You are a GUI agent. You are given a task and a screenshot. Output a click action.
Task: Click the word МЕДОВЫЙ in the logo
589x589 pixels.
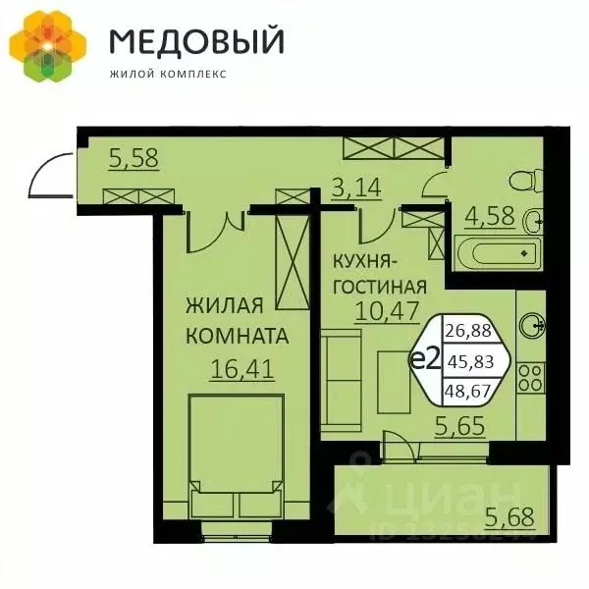click(x=196, y=42)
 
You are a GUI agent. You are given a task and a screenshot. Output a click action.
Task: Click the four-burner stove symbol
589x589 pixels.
click(x=532, y=375)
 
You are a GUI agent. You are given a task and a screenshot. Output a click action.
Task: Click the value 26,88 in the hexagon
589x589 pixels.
click(x=469, y=330)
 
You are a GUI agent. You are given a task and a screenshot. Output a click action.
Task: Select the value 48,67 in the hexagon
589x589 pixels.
click(x=469, y=391)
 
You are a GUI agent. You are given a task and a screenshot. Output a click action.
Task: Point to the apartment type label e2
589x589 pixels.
click(x=423, y=359)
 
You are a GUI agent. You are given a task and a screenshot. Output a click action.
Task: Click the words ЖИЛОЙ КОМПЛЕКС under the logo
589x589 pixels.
click(x=167, y=73)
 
